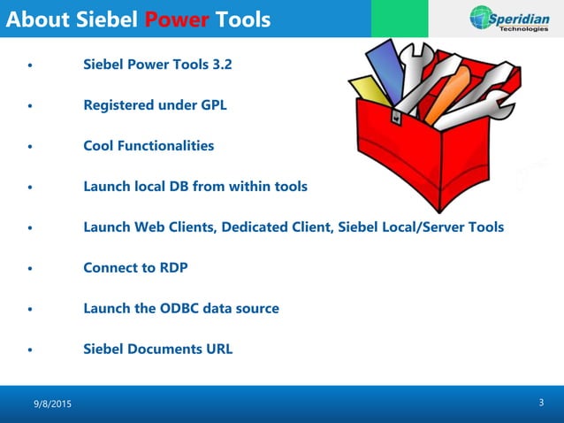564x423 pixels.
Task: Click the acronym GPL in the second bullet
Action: point(212,105)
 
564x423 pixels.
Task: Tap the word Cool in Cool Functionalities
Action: point(99,146)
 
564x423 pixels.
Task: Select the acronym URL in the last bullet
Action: point(218,350)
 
